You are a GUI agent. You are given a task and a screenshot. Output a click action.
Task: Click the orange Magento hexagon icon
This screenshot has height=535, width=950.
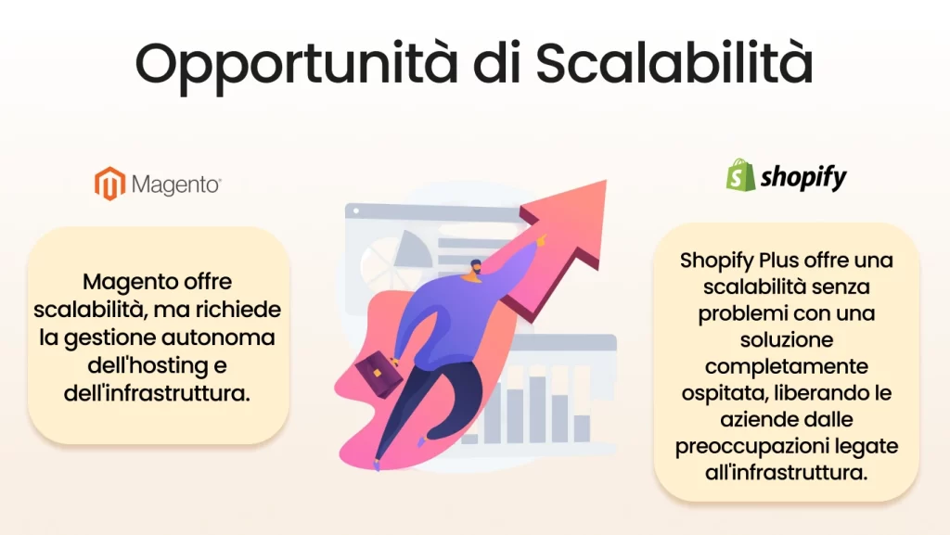coord(109,183)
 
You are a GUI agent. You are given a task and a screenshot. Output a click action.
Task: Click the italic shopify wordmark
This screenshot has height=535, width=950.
coord(803,177)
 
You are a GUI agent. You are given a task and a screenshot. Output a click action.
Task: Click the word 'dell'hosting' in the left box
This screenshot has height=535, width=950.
coord(158,365)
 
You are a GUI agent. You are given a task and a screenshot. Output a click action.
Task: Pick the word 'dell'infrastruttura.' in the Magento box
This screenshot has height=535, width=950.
coord(158,393)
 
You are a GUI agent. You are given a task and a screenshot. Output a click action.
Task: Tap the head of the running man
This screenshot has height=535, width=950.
coord(474,269)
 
